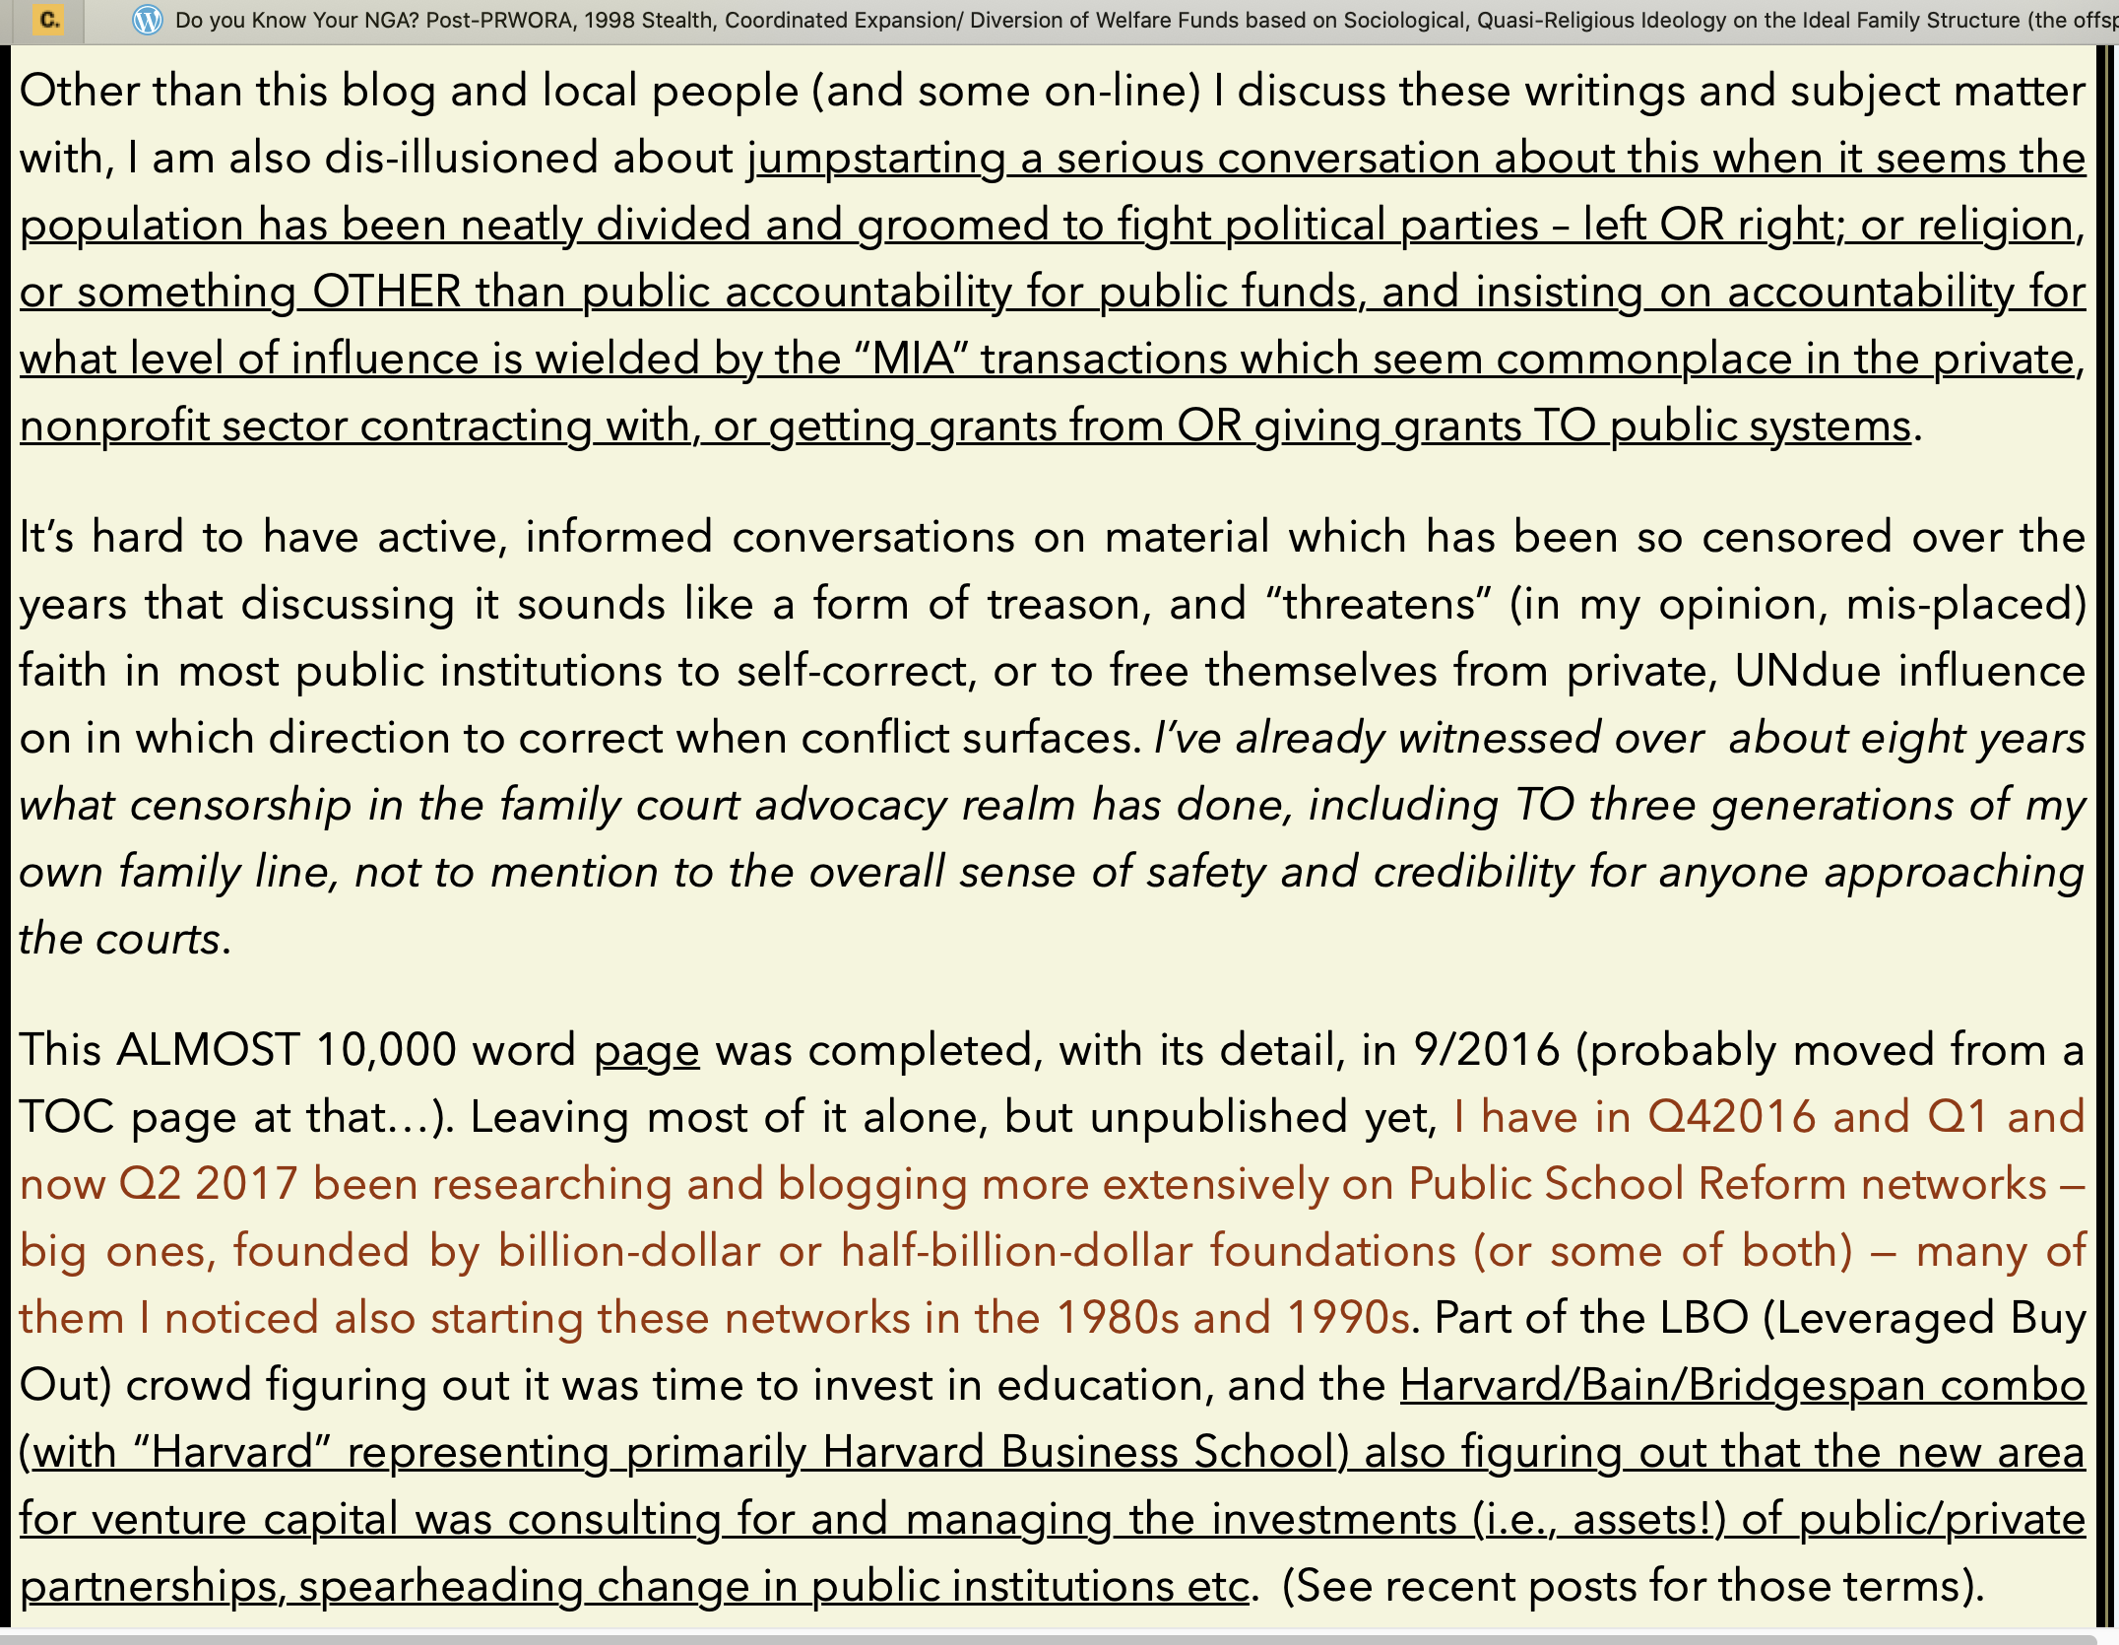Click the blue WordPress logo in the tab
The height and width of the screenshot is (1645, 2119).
(x=147, y=20)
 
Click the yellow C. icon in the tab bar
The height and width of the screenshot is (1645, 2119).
(x=49, y=20)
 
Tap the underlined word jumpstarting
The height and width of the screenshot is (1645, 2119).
(x=876, y=159)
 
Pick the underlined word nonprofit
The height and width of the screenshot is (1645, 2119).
(x=114, y=427)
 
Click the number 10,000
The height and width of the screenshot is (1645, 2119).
(x=386, y=1050)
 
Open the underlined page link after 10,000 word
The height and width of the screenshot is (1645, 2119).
(x=646, y=1050)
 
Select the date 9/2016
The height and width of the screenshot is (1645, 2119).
(x=1486, y=1050)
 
